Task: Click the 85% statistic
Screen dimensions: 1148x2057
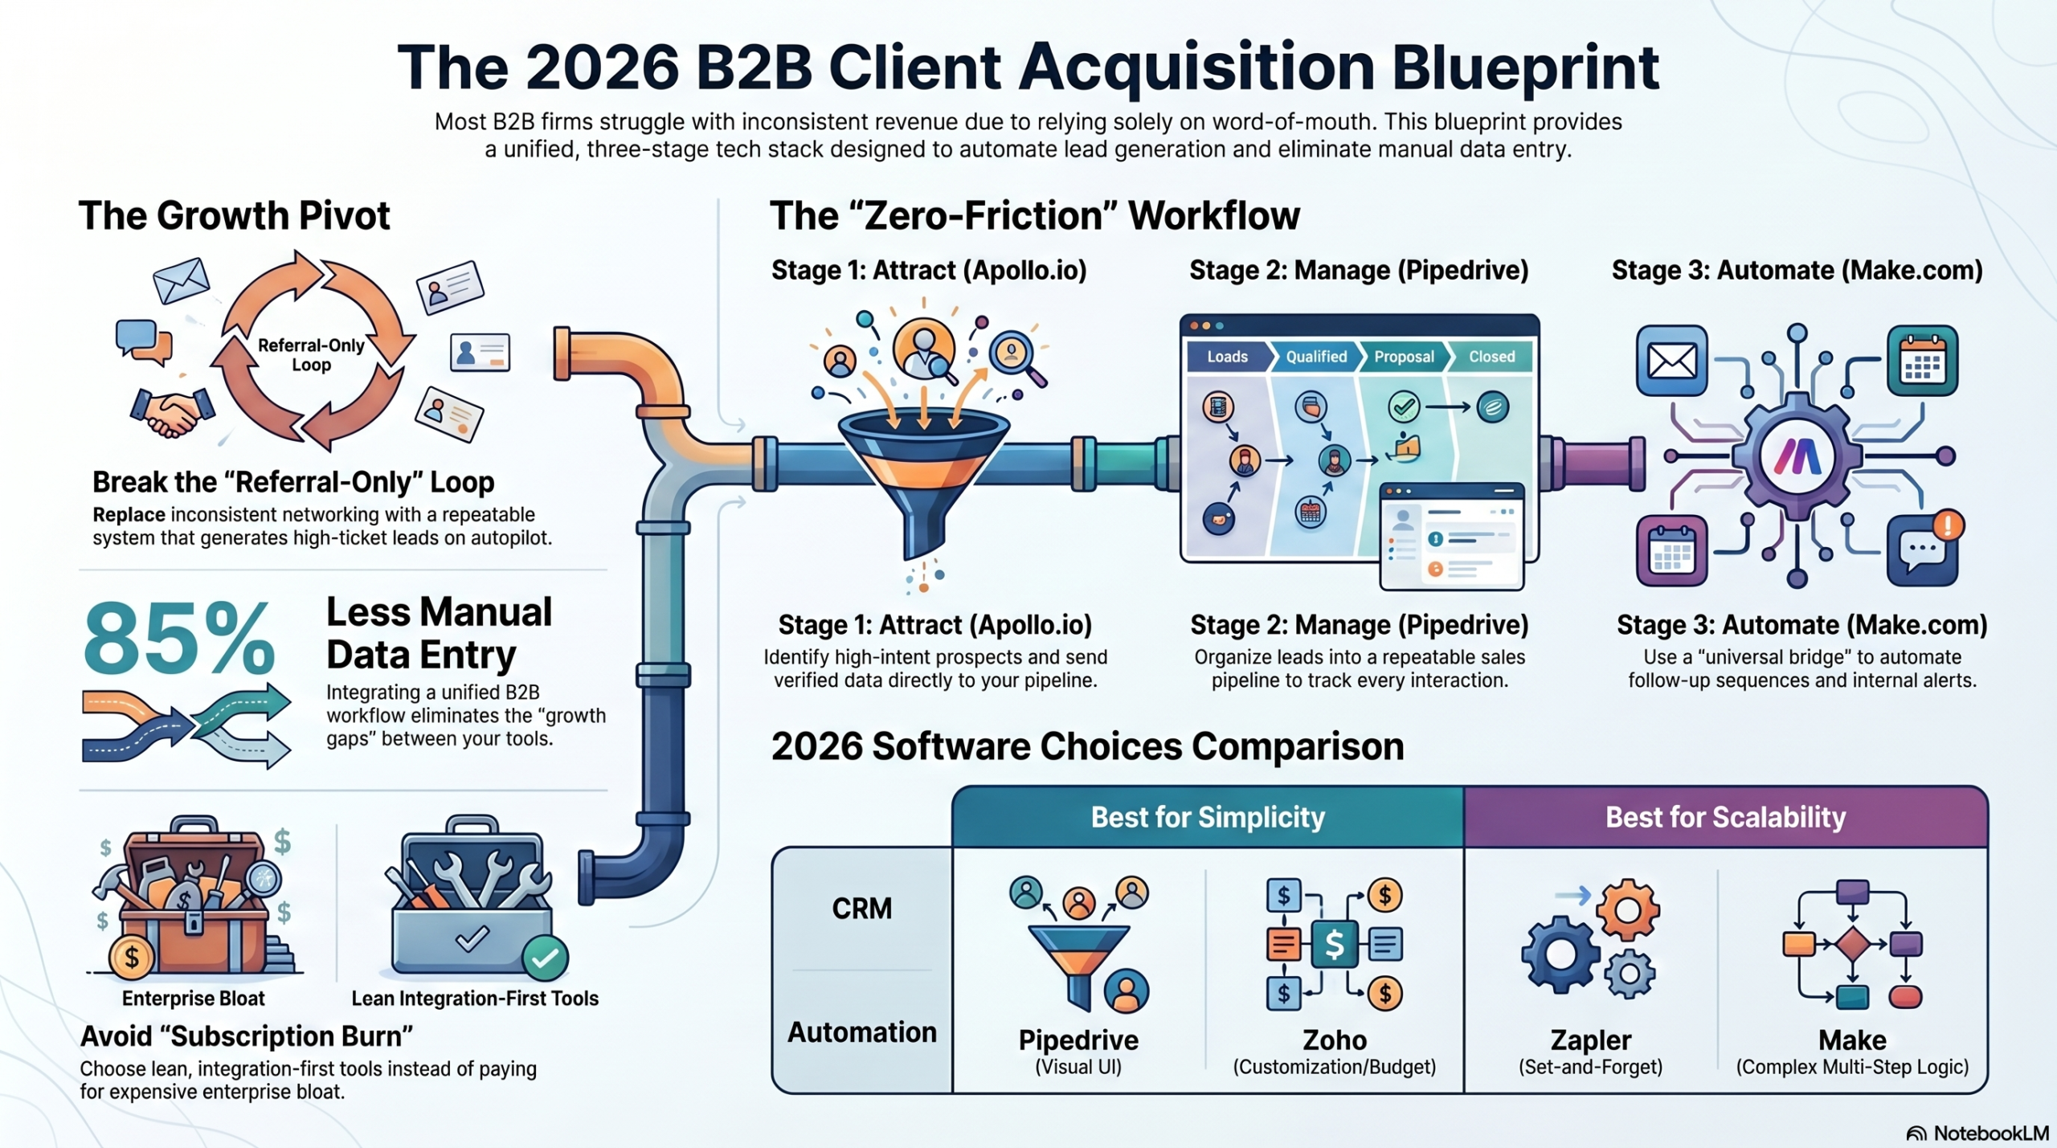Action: (178, 639)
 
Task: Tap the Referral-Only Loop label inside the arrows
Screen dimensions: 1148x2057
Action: (311, 354)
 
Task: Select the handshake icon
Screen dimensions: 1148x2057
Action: (172, 413)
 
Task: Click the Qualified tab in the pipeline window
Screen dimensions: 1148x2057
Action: (1315, 357)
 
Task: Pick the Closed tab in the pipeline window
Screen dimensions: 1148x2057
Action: (1491, 357)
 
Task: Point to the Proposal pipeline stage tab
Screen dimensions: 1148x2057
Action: (1403, 357)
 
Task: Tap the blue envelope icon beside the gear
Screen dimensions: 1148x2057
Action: (1671, 361)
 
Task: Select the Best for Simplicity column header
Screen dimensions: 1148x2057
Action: (1207, 817)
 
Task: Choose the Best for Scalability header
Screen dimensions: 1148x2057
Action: (1725, 817)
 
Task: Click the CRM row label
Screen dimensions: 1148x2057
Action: (861, 909)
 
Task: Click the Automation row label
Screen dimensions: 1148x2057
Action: (861, 1032)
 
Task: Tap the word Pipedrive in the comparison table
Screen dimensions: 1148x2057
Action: (1078, 1040)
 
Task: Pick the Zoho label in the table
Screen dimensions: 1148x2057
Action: (1334, 1040)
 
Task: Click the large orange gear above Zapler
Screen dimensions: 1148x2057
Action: (1627, 910)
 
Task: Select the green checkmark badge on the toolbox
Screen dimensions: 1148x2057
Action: (545, 958)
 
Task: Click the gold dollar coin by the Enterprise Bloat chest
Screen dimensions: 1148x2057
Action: (131, 958)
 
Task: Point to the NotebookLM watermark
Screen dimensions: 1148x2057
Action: (1978, 1134)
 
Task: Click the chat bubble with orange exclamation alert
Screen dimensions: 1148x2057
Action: (1923, 549)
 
